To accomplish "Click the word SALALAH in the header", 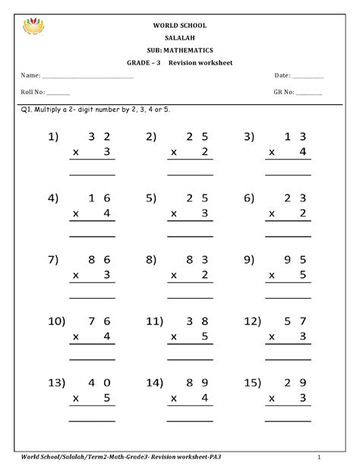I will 179,37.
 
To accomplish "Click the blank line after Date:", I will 307,77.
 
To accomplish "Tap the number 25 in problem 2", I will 198,137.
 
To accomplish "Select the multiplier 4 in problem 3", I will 302,152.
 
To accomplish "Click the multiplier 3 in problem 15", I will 302,398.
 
